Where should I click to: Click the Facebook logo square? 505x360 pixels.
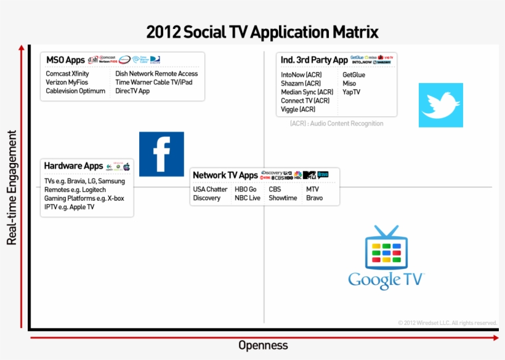tap(161, 154)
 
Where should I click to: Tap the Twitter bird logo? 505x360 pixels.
tap(440, 105)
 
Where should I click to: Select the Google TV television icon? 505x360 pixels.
tap(386, 248)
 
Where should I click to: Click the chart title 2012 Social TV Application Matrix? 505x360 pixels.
tap(262, 32)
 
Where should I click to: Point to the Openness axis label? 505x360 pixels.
tap(263, 345)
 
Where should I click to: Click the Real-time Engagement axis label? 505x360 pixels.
tap(12, 187)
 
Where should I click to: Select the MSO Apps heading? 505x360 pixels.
tap(65, 60)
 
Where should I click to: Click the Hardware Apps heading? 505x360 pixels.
tap(73, 166)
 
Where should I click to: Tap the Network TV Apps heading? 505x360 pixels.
tap(225, 175)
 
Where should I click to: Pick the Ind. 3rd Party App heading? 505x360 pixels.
tap(314, 60)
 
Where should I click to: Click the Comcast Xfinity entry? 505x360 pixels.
tap(67, 74)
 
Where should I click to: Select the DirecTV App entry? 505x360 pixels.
tap(132, 91)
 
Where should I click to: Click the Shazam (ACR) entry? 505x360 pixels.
tap(301, 84)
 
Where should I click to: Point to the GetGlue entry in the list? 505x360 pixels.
tap(353, 75)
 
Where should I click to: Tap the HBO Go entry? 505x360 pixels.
tap(246, 190)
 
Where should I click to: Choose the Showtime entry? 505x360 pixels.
tap(283, 198)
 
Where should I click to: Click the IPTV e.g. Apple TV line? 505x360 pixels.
tap(69, 207)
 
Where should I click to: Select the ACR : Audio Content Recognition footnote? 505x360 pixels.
tap(336, 124)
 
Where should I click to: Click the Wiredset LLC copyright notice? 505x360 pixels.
tap(447, 322)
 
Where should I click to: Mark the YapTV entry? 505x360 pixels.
tap(351, 92)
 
